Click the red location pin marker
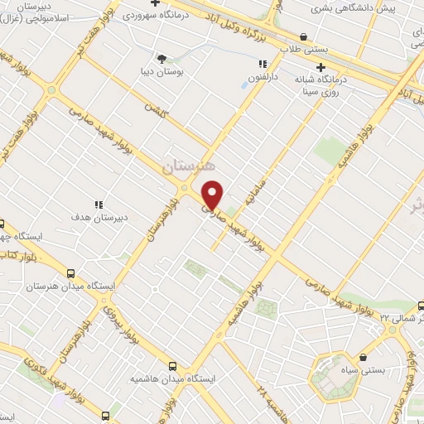tap(213, 195)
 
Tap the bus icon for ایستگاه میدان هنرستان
tap(70, 272)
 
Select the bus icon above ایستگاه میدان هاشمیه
tap(172, 365)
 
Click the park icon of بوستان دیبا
tap(161, 58)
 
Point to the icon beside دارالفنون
tap(263, 64)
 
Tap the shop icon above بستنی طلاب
tap(304, 36)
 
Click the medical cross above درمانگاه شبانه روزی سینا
tap(320, 67)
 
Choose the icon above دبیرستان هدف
tap(99, 205)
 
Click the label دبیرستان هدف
tap(100, 219)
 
